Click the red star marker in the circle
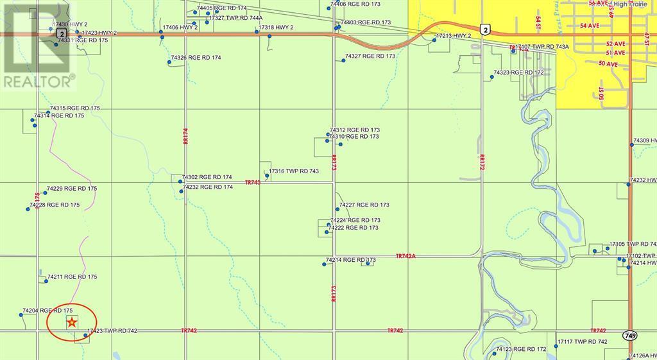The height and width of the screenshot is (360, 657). pyautogui.click(x=73, y=323)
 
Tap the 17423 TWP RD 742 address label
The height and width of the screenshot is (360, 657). pyautogui.click(x=112, y=331)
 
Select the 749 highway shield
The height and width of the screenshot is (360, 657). pyautogui.click(x=629, y=335)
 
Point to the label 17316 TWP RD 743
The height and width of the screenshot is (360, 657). pyautogui.click(x=294, y=171)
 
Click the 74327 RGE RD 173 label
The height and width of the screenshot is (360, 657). pyautogui.click(x=370, y=56)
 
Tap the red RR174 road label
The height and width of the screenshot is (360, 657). pyautogui.click(x=185, y=135)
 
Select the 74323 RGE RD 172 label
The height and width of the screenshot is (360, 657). pyautogui.click(x=518, y=73)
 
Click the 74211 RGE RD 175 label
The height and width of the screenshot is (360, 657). pyautogui.click(x=72, y=277)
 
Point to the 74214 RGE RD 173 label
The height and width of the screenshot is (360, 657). pyautogui.click(x=350, y=261)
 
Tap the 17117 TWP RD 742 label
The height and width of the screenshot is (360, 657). pyautogui.click(x=582, y=341)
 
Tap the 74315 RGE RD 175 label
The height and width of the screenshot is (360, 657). pyautogui.click(x=75, y=108)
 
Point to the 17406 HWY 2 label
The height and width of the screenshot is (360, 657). pyautogui.click(x=180, y=28)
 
